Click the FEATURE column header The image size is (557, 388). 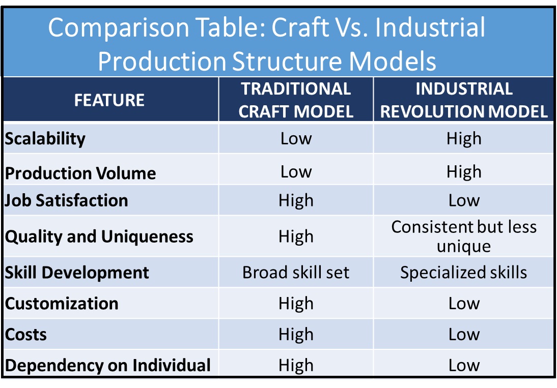pos(109,100)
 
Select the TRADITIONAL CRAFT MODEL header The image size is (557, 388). pos(296,100)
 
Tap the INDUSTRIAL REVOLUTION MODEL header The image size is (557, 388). pos(464,100)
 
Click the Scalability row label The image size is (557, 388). pos(45,139)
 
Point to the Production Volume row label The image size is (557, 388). pos(80,173)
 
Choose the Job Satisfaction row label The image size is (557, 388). pos(66,200)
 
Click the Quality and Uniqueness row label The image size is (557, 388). pos(99,236)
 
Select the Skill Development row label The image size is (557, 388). pos(77,273)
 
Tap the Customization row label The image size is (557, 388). pos(62,304)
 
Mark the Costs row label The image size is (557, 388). pos(26,335)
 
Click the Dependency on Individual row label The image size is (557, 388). pos(108,365)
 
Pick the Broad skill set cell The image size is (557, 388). pos(296,273)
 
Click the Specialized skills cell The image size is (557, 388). pos(464,273)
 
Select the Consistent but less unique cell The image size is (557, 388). pos(464,236)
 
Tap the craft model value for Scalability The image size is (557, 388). pos(296,138)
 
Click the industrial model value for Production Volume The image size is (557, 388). pos(464,172)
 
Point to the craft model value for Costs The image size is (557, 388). pos(296,335)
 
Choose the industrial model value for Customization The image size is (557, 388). pos(464,304)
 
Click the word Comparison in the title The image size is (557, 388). pos(118,27)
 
